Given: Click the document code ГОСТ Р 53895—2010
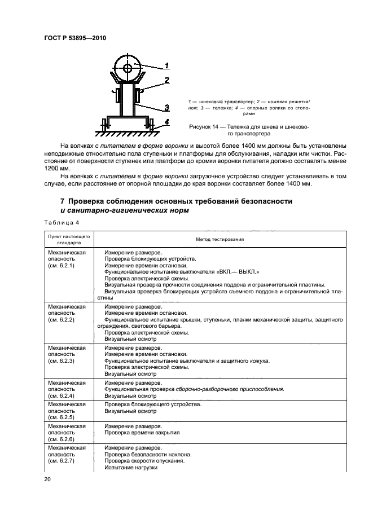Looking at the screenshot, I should coord(74,38).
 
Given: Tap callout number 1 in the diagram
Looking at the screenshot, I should coord(167,63).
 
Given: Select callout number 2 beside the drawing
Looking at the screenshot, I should coord(167,81).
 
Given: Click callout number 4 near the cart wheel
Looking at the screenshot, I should coord(166,121).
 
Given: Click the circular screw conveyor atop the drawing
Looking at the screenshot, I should coord(128,69).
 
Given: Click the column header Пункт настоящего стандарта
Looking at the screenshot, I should coord(68,239).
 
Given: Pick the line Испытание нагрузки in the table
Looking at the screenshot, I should coord(130,468).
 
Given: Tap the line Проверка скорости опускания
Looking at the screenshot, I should coord(144,461).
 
